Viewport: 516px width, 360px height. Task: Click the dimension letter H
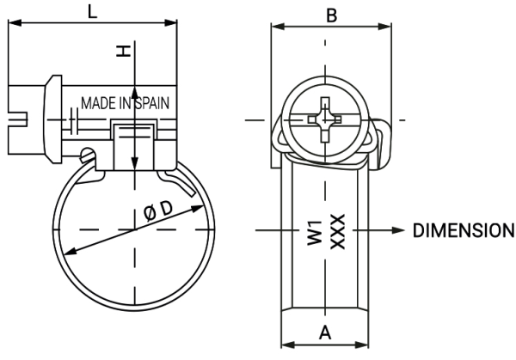(126, 52)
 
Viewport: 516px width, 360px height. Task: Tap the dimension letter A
(325, 333)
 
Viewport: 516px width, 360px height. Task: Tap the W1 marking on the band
(314, 232)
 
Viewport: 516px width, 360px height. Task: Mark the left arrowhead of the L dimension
(13, 25)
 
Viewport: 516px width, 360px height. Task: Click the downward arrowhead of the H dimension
(134, 165)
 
